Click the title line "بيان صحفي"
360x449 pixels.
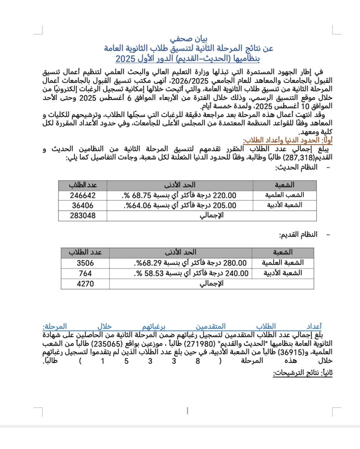coord(189,39)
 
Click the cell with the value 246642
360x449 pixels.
coord(83,195)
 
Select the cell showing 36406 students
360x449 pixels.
coord(83,205)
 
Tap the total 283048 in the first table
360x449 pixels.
coord(83,215)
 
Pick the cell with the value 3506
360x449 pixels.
coord(85,263)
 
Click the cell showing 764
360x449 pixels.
coord(85,273)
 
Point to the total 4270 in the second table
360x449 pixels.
coord(85,284)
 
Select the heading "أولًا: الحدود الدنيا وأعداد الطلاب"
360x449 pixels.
coord(287,140)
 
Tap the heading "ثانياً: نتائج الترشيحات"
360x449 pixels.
coord(303,373)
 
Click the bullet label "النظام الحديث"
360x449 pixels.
coord(296,167)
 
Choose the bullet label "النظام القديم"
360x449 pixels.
coord(298,235)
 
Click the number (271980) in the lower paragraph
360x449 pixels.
coord(197,344)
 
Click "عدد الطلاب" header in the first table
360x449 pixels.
coord(83,185)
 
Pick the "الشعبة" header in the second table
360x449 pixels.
coord(282,252)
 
